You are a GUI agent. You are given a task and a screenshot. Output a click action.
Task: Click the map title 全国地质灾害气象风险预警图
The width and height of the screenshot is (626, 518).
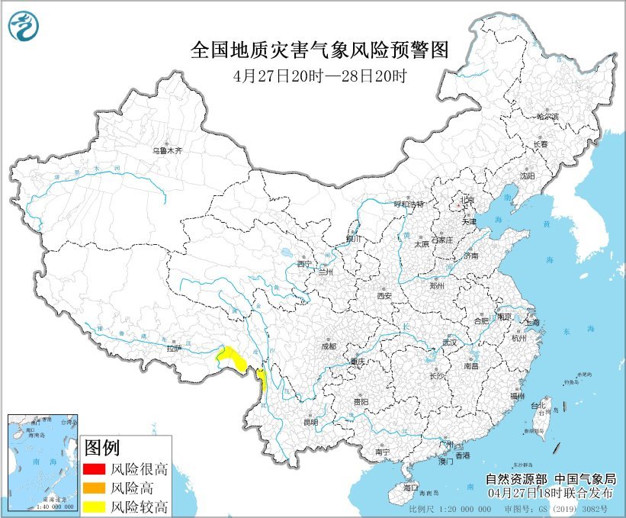tap(318, 50)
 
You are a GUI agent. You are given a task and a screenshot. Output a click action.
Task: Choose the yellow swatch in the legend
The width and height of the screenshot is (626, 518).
tap(94, 506)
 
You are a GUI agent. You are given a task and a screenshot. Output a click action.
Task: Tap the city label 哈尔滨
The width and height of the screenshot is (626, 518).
tap(547, 117)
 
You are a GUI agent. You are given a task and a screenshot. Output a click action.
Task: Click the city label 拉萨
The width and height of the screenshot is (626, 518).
tap(174, 349)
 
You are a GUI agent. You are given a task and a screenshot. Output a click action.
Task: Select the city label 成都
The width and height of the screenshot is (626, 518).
tap(328, 346)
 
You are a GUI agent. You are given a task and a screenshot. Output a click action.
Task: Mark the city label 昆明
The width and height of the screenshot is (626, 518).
tap(310, 422)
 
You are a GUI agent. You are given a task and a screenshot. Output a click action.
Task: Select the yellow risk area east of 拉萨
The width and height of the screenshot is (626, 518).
tap(230, 357)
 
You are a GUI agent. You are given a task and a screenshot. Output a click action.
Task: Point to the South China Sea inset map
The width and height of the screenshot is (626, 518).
tap(42, 462)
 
